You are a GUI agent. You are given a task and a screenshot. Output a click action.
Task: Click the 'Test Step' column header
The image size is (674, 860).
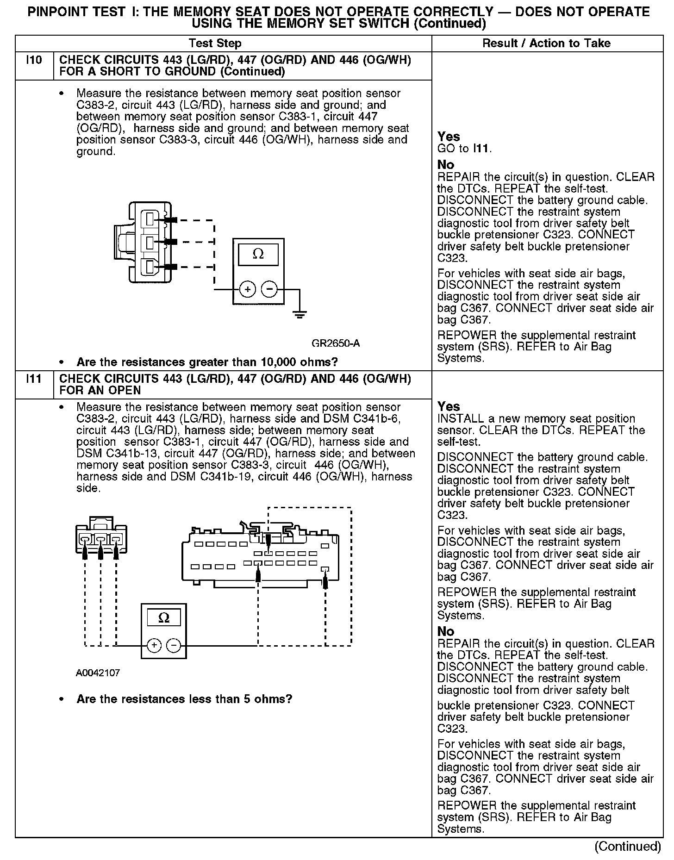pyautogui.click(x=215, y=44)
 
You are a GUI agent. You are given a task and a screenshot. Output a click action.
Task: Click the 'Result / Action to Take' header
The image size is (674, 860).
pyautogui.click(x=546, y=44)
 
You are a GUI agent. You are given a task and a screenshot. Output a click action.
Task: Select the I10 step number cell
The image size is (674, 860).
pyautogui.click(x=34, y=61)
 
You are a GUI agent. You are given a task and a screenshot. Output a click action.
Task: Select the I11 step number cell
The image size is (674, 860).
pyautogui.click(x=34, y=379)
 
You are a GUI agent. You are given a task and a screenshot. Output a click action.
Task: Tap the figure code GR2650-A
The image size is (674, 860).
pyautogui.click(x=335, y=343)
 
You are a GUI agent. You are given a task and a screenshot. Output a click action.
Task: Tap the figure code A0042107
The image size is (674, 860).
pyautogui.click(x=98, y=673)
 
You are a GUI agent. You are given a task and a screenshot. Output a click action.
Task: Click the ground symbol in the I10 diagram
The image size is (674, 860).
pyautogui.click(x=300, y=315)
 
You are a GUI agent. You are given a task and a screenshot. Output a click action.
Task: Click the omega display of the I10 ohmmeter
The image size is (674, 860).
pyautogui.click(x=258, y=254)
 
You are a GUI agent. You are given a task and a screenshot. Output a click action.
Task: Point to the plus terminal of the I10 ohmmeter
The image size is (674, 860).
pyautogui.click(x=247, y=290)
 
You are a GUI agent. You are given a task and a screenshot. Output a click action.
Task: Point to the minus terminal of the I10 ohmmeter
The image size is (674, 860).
pyautogui.click(x=269, y=290)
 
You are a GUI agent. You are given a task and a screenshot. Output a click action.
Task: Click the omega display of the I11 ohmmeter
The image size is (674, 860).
pyautogui.click(x=163, y=617)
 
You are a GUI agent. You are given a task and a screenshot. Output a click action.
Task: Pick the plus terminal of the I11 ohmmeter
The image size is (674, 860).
pyautogui.click(x=154, y=645)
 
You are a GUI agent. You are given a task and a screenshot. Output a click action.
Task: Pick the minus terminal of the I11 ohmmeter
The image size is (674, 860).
pyautogui.click(x=174, y=645)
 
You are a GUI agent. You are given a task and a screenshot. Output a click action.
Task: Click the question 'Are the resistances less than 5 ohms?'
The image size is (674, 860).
pyautogui.click(x=184, y=698)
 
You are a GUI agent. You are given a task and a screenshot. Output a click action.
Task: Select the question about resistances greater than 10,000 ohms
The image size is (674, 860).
pyautogui.click(x=207, y=361)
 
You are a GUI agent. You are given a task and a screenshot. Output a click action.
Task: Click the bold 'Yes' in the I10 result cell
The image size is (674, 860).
pyautogui.click(x=449, y=137)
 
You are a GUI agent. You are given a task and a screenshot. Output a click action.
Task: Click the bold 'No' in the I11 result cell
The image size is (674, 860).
pyautogui.click(x=446, y=631)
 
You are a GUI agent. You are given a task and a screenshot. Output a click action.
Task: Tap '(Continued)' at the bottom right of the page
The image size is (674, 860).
pyautogui.click(x=627, y=846)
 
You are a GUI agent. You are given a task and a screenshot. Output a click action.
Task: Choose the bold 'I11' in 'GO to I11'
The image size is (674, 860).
pyautogui.click(x=481, y=149)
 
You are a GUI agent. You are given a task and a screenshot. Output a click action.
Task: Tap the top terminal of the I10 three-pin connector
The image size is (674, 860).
pyautogui.click(x=150, y=218)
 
